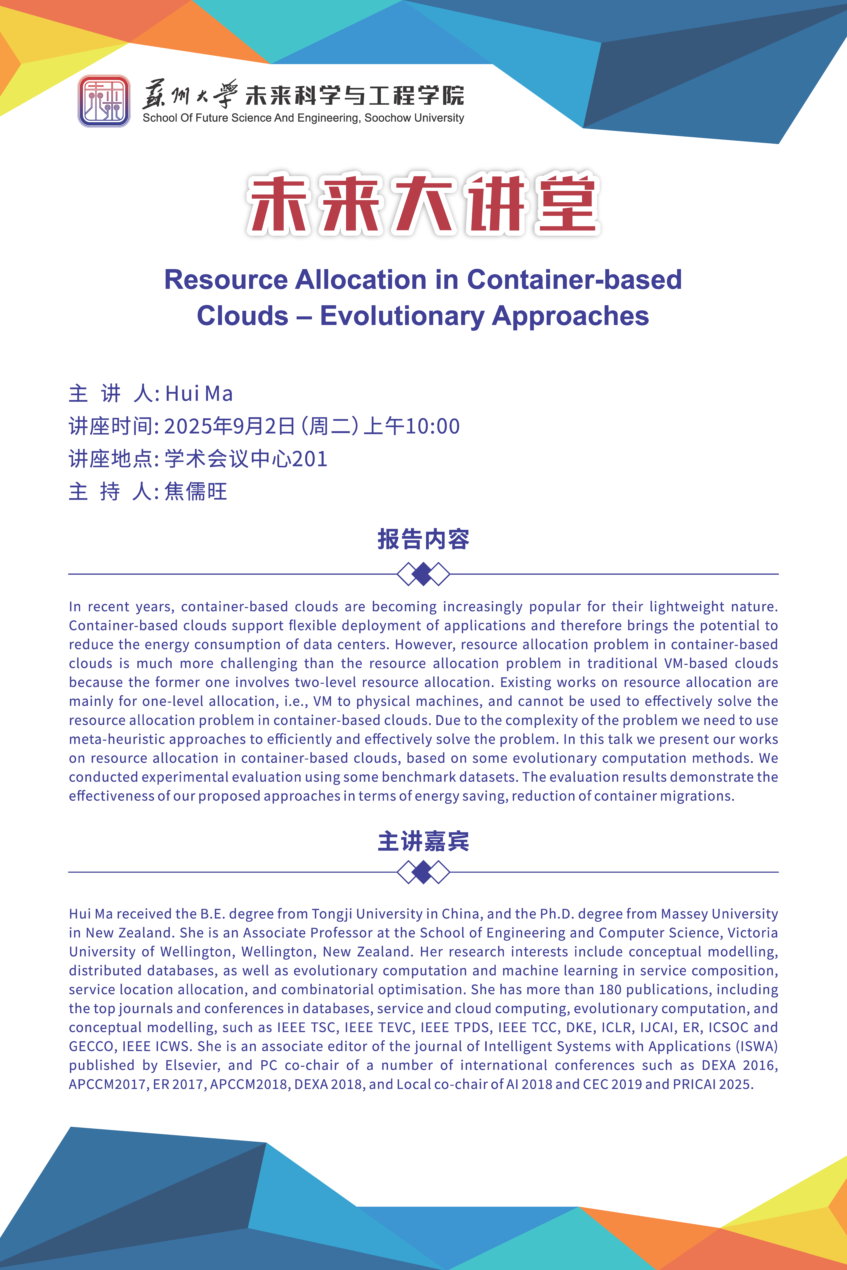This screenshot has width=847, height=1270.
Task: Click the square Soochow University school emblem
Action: coord(104,101)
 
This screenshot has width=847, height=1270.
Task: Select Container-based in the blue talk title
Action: coord(574,280)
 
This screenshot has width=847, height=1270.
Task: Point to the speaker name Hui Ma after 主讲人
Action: coord(199,394)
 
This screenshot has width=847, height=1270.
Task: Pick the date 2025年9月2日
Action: coord(229,426)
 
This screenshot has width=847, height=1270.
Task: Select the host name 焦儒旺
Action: coord(195,491)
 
